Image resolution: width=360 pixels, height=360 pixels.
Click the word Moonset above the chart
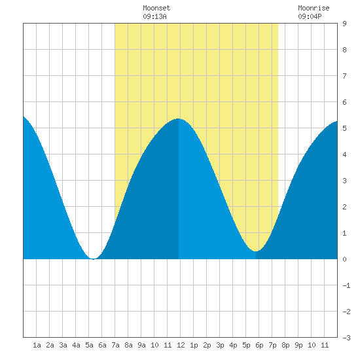click(156, 8)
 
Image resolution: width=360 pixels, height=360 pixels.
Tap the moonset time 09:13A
click(154, 16)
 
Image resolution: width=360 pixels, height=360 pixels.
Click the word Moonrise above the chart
click(314, 8)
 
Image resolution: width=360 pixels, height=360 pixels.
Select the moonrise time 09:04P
click(310, 16)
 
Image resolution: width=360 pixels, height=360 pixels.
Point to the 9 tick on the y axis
click(344, 24)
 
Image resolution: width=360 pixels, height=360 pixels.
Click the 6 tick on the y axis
click(344, 102)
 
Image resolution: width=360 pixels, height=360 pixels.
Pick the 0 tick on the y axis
click(344, 259)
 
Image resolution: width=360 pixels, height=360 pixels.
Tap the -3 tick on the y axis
click(346, 338)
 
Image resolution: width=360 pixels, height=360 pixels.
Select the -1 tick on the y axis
click(346, 285)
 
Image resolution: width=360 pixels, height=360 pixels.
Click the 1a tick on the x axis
click(37, 345)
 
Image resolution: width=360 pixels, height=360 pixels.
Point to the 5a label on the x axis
click(89, 345)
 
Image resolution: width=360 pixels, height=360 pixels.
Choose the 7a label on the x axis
click(115, 345)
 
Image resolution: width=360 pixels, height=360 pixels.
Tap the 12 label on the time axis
click(181, 345)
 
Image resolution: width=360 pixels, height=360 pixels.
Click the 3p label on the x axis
click(220, 345)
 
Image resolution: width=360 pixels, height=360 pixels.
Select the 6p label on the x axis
click(259, 345)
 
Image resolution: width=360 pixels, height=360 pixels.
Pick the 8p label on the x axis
click(285, 345)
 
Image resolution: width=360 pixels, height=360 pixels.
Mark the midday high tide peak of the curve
click(179, 118)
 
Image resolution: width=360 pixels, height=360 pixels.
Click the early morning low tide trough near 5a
click(93, 259)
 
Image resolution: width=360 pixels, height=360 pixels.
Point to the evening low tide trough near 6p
click(256, 251)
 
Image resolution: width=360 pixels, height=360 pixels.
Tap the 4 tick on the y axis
click(344, 154)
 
